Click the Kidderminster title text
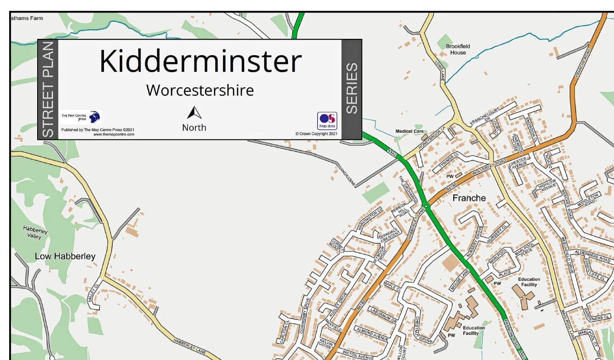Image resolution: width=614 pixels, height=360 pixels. click(200, 61)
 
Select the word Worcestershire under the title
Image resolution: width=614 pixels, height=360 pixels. click(200, 90)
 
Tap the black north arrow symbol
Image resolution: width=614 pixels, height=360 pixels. click(194, 113)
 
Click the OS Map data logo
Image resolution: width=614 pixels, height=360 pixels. click(327, 121)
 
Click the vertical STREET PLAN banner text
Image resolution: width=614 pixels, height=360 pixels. click(48, 89)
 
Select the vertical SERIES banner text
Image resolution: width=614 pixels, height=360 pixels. click(352, 89)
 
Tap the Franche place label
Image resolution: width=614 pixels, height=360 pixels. click(469, 198)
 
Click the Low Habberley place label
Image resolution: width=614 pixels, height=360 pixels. click(65, 256)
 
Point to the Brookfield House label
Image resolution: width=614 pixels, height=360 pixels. click(458, 49)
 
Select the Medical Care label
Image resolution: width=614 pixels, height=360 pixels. click(409, 131)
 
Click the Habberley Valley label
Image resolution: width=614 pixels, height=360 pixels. click(35, 233)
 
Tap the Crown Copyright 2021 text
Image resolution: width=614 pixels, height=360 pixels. click(316, 134)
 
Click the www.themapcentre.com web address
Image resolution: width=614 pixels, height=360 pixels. click(114, 134)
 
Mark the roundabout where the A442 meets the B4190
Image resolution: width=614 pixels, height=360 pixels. click(426, 206)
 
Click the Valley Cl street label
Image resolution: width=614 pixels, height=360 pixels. click(93, 293)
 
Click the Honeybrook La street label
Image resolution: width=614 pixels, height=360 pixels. click(432, 138)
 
